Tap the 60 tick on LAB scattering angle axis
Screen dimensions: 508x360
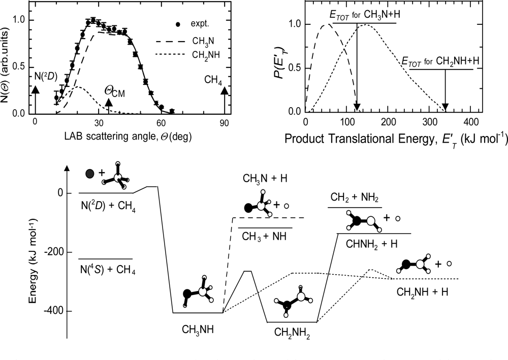(161, 122)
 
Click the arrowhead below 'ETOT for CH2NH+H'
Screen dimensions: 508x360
(445, 107)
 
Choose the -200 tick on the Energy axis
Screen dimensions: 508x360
(57, 252)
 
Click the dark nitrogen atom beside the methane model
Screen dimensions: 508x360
(90, 174)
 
